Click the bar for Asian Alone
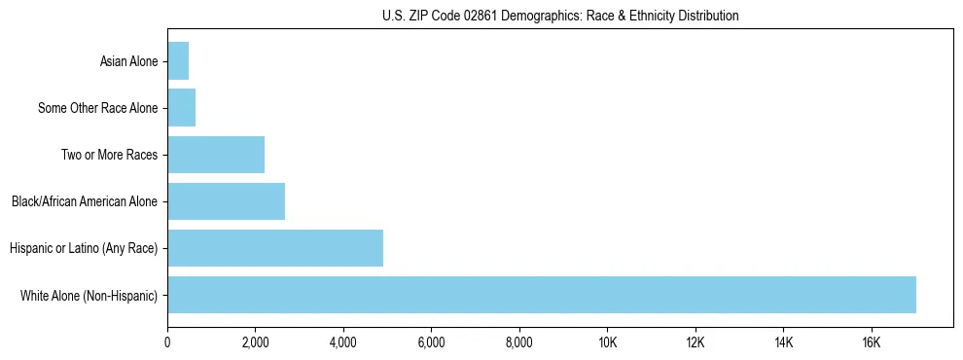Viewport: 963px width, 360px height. (x=178, y=61)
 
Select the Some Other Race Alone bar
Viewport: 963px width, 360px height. (x=182, y=108)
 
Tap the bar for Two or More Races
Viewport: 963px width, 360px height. (x=216, y=155)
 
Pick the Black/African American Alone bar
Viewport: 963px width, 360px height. (x=226, y=201)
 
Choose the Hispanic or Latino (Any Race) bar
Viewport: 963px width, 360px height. (x=275, y=248)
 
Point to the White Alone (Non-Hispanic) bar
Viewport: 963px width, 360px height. (x=542, y=295)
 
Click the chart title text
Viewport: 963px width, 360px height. (x=559, y=16)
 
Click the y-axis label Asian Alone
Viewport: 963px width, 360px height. (x=128, y=62)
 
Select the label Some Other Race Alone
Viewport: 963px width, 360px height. (x=97, y=109)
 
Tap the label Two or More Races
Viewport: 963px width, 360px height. (x=109, y=156)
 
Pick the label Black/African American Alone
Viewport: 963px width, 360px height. (x=85, y=202)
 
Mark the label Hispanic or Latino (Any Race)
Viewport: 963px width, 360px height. (x=84, y=249)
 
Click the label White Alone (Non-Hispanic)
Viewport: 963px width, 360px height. (x=89, y=296)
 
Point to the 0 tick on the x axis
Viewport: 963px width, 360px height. (x=167, y=342)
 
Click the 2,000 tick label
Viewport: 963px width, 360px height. (x=255, y=342)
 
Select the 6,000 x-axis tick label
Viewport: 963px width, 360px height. (x=431, y=342)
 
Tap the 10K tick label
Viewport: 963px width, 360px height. (x=607, y=342)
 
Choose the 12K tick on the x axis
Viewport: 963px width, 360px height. (x=695, y=342)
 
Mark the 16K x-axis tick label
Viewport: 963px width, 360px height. (x=872, y=342)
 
